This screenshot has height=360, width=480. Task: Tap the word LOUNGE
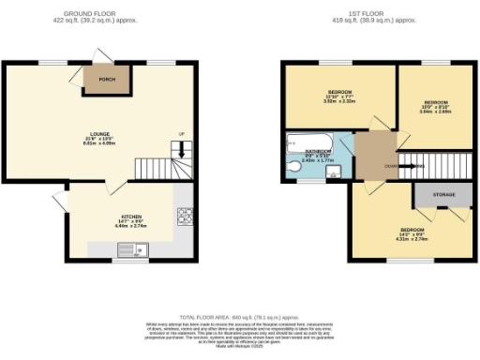coord(98,135)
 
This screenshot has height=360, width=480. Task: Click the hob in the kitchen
coord(182,217)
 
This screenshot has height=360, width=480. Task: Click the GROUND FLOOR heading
coord(98,13)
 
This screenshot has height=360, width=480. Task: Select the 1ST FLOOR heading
coord(380,13)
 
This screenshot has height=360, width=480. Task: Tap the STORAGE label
coord(443,195)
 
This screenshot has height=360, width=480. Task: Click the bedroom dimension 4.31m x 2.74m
coord(412,238)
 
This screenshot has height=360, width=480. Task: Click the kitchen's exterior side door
coord(59,200)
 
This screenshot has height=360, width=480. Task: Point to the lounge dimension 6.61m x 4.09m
coord(98,145)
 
